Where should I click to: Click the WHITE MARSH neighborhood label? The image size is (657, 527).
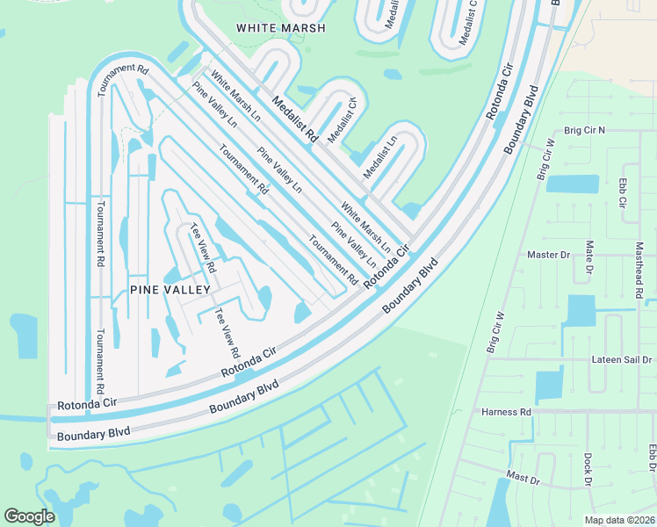click(281, 28)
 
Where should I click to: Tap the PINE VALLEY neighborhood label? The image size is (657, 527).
click(170, 289)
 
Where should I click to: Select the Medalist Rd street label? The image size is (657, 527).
click(293, 119)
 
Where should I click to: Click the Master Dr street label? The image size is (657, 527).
click(548, 255)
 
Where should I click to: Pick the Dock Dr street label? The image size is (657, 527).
click(587, 470)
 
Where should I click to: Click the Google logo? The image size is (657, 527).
click(29, 516)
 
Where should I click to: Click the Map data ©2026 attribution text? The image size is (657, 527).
click(618, 520)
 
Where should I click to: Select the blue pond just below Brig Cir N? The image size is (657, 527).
click(572, 184)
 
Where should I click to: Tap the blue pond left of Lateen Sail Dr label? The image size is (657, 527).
click(549, 385)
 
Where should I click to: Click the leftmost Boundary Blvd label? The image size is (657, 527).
click(92, 433)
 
